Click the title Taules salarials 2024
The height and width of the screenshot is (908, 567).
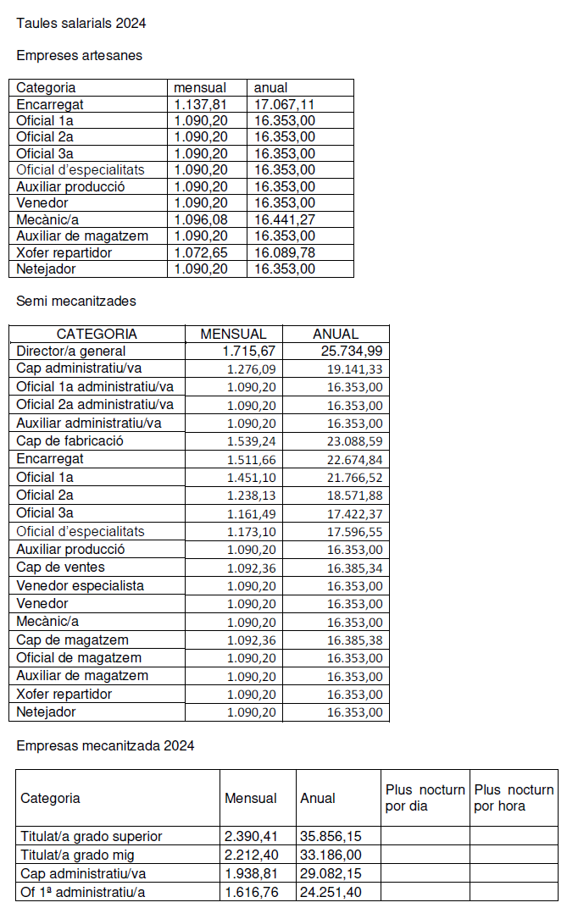81,24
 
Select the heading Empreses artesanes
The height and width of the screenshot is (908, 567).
80,56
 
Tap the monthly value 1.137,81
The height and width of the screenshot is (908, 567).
200,104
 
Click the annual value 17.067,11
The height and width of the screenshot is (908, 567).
284,104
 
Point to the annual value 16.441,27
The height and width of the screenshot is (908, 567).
284,219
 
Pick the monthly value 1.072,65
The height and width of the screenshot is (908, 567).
200,252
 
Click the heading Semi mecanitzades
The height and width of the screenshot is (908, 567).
76,302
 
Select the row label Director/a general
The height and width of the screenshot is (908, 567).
71,351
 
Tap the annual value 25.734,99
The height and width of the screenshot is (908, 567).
352,351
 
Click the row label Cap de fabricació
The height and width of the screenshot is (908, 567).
70,441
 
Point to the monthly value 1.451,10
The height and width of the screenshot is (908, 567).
253,478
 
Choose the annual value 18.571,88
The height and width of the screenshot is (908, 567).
354,496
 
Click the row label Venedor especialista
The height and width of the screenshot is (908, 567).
81,586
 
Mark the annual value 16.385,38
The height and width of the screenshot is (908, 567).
354,640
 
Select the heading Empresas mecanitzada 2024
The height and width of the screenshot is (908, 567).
105,746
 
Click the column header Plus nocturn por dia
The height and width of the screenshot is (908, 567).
425,798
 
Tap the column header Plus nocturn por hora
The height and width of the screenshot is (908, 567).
514,798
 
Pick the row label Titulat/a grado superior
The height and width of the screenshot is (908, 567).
92,837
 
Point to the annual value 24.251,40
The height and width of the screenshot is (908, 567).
331,892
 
